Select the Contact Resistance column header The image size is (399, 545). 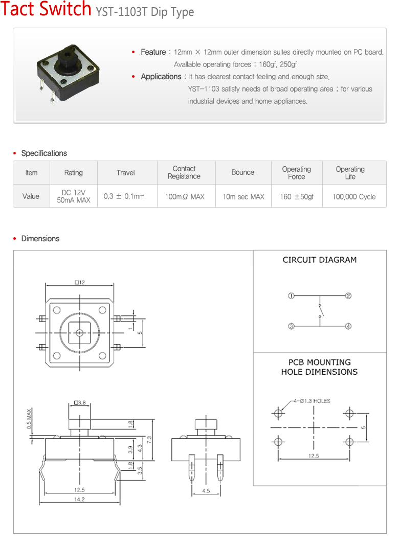coord(184,173)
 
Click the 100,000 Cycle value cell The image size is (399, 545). coord(353,196)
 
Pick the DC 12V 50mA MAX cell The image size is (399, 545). coord(73,196)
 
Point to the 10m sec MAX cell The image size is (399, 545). coord(243,196)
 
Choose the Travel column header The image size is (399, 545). coord(125,173)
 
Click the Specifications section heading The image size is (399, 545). coord(44,153)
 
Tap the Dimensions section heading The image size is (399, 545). coord(40,239)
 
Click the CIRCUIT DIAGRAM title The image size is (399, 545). coord(320,260)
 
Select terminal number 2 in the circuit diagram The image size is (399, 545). coord(348,296)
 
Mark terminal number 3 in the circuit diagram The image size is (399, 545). coord(291,326)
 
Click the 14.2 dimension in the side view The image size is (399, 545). coord(79,499)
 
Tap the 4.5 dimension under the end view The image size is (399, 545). coord(206,491)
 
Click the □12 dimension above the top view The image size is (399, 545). coord(79,282)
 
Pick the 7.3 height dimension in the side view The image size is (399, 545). coord(148,439)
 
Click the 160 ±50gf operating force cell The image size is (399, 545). coord(297,196)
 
